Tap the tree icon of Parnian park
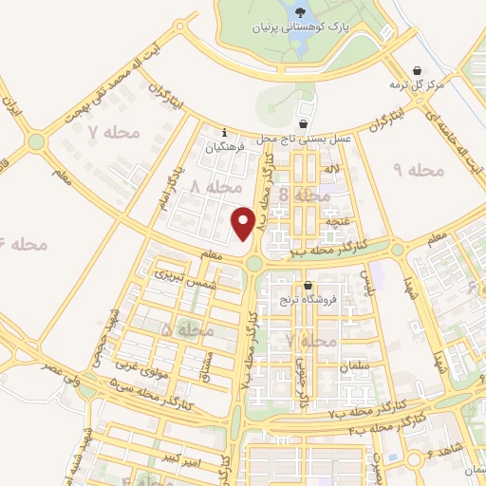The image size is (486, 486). [300, 12]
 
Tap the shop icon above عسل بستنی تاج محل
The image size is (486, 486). [303, 123]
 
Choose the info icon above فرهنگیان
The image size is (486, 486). [224, 132]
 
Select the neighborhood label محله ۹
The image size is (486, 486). [419, 170]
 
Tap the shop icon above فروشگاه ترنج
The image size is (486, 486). [307, 286]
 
